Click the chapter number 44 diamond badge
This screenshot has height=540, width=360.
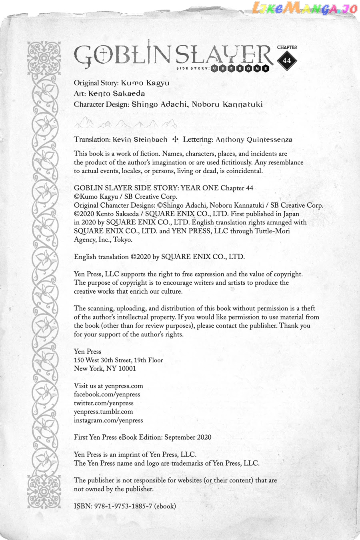287,61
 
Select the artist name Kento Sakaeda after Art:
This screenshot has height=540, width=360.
116,94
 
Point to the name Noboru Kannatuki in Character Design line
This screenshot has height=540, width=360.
227,104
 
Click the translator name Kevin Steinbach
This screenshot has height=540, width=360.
140,140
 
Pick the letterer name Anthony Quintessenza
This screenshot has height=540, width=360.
254,140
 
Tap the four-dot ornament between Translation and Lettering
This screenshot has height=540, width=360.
175,140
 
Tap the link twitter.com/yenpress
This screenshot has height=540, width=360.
104,403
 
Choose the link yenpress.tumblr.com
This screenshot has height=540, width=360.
103,412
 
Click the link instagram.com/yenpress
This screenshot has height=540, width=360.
108,420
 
